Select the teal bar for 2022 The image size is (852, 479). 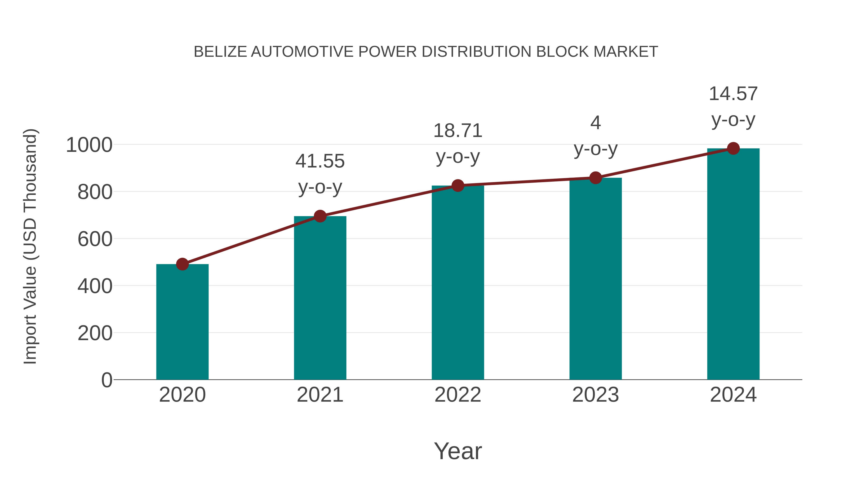[x=458, y=283]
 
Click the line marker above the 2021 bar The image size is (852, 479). [x=320, y=216]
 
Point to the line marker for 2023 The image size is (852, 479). [x=595, y=178]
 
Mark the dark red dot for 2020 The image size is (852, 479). [x=182, y=264]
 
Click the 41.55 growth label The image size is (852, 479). [x=320, y=161]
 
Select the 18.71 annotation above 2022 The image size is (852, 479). [x=458, y=131]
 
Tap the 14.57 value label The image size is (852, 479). [x=733, y=94]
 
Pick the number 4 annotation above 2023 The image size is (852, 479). [x=595, y=123]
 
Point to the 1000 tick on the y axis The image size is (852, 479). [x=89, y=145]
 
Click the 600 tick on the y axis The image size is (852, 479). [x=95, y=239]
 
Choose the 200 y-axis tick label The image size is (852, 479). [x=95, y=333]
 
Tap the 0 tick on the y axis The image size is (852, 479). [x=107, y=380]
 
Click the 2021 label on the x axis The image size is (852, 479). [x=320, y=395]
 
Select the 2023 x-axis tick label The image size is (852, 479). [x=595, y=395]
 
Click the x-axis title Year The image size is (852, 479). [x=458, y=451]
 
